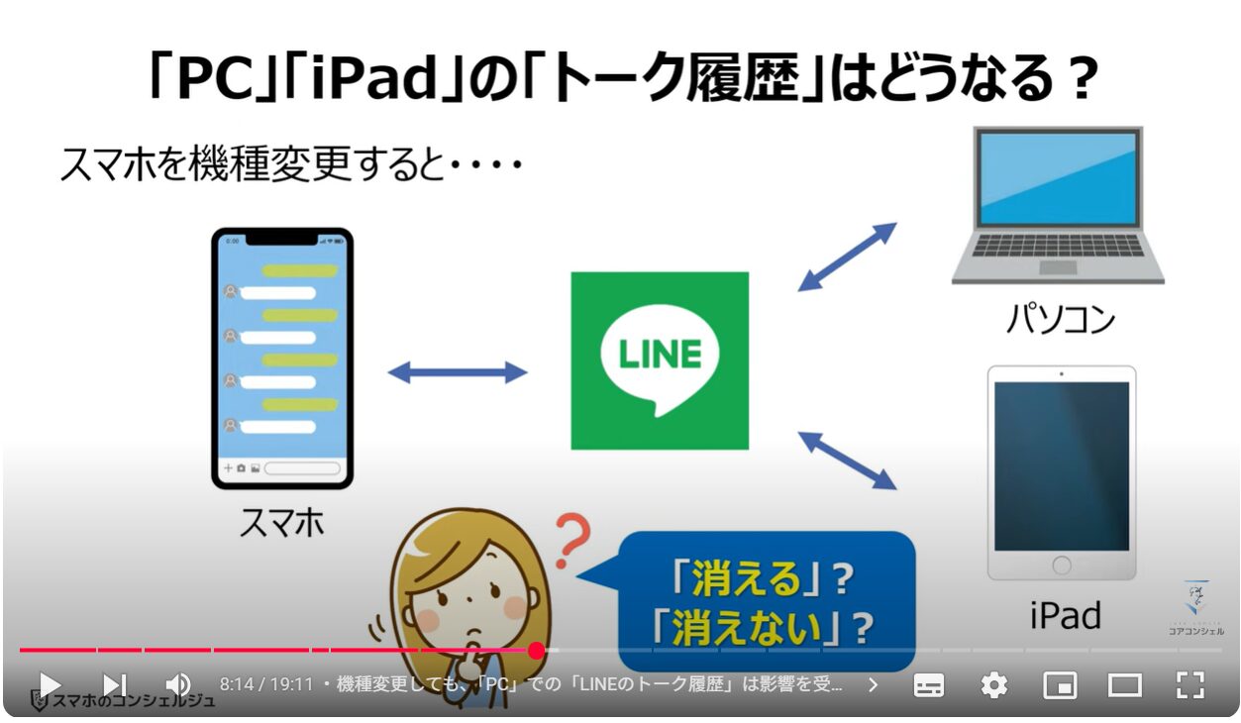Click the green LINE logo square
(x=660, y=361)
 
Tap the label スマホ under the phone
(x=282, y=522)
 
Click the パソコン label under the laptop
(x=1061, y=319)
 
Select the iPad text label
(x=1065, y=615)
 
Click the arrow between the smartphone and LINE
(x=458, y=372)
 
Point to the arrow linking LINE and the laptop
(x=847, y=257)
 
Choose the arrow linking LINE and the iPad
(x=847, y=461)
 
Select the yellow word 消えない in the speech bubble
(x=748, y=628)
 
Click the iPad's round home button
(x=1062, y=566)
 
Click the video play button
(x=50, y=685)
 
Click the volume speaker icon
(x=178, y=685)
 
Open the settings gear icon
(x=994, y=685)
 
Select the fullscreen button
(x=1190, y=685)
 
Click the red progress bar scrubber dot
(x=536, y=651)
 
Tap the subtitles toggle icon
(x=929, y=686)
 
